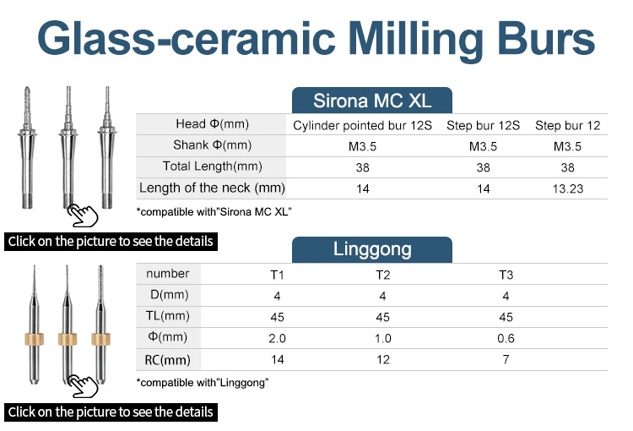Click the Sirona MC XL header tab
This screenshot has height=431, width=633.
pos(372,101)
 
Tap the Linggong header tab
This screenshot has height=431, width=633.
pos(372,249)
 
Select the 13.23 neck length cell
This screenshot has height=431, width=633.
pos(568,188)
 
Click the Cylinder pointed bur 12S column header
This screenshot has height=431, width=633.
pos(363,125)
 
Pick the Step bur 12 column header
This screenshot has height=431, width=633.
pos(568,125)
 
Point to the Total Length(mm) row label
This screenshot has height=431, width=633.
pos(212,166)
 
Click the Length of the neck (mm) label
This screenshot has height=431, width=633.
pos(212,188)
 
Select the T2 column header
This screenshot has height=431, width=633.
pos(382,275)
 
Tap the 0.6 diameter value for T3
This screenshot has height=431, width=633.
pos(506,339)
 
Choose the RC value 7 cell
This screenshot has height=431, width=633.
pos(506,360)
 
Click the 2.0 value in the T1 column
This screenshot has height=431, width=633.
pos(277,339)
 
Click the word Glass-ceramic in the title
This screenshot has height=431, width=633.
pos(187,41)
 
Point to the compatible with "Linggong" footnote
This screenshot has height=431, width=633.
pos(203,383)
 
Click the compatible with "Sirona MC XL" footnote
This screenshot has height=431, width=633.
pos(214,210)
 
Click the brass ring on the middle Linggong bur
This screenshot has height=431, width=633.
pos(67,339)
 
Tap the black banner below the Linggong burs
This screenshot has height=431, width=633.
pos(111,412)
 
